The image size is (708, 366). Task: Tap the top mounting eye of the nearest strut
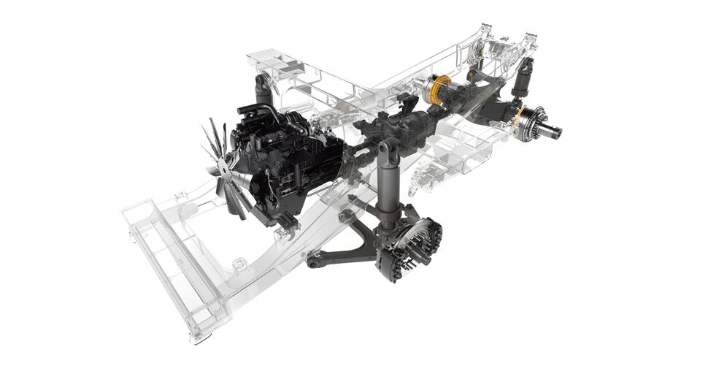tap(386, 149)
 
